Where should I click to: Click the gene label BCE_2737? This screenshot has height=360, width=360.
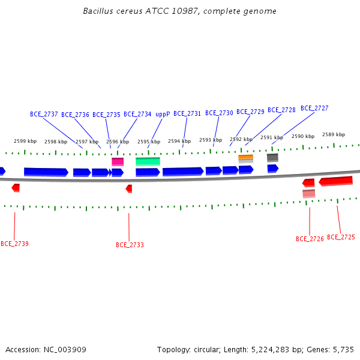pos(44,114)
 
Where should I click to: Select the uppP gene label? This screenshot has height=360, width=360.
pos(163,115)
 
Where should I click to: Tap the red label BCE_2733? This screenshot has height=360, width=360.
pos(130,245)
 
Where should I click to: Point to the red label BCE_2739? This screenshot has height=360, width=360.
pos(14,244)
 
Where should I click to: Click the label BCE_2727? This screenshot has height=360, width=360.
pos(314,108)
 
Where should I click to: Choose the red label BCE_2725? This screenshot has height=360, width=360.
pos(341,237)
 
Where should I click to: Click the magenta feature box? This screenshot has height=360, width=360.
pos(118,161)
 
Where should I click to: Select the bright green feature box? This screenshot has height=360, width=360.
pos(148,161)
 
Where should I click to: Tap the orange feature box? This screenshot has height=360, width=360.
pos(245,157)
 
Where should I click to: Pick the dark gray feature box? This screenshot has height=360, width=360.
pos(272,158)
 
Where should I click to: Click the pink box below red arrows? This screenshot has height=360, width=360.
pos(309,194)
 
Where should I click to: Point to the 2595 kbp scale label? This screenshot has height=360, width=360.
pos(149,142)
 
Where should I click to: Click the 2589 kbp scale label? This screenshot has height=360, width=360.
pos(334,134)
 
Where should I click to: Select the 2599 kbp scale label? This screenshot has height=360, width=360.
pos(25,141)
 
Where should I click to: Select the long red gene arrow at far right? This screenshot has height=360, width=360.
pos(335,181)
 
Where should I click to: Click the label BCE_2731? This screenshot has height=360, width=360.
pos(187,113)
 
